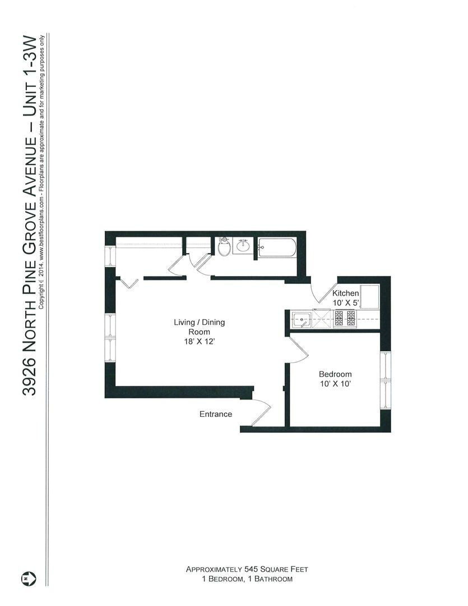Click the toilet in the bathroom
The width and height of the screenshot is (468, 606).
(224, 247)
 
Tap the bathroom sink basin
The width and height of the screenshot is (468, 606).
(243, 246)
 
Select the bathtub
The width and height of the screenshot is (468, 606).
(277, 247)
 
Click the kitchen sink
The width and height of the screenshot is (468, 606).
(302, 320)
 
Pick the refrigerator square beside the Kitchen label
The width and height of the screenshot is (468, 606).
(369, 296)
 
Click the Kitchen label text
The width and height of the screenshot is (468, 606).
(345, 293)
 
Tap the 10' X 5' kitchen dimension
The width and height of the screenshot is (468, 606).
(345, 303)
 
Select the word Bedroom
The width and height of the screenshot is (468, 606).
(335, 374)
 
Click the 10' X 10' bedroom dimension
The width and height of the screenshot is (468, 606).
(335, 384)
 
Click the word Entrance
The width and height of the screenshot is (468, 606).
(216, 415)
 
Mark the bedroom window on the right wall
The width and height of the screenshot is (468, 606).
(385, 382)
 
